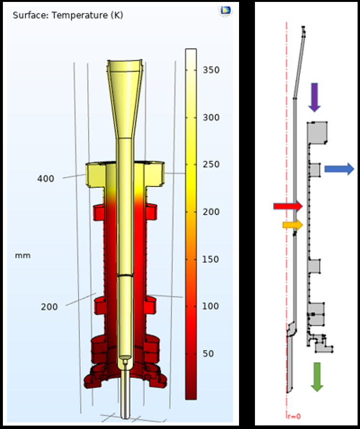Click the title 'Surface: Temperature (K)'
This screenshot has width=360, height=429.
(x=68, y=15)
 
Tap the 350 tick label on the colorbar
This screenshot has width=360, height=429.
(x=211, y=70)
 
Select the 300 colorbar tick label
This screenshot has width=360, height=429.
(x=211, y=117)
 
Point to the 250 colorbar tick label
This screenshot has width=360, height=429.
(x=211, y=165)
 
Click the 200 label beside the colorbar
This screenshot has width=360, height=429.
(x=211, y=212)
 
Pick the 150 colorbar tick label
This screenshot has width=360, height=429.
(x=211, y=259)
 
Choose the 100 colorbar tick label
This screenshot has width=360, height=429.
(x=211, y=306)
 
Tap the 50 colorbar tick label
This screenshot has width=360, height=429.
(x=208, y=353)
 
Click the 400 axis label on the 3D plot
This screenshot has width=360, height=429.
(x=45, y=179)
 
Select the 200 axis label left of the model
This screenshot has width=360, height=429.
(x=49, y=307)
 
